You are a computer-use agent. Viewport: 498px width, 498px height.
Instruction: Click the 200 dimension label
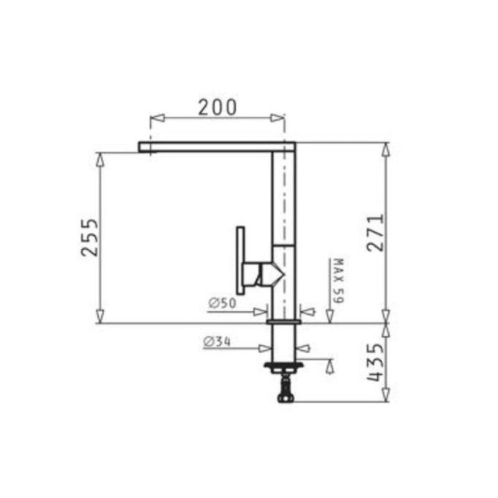coord(217,107)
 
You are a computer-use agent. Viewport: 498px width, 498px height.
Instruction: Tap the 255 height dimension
coord(89,237)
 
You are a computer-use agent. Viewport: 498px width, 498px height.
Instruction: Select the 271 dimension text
coord(374,233)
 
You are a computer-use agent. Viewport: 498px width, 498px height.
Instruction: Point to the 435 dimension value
coord(374,363)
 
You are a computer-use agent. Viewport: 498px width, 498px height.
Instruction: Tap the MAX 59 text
coord(338,281)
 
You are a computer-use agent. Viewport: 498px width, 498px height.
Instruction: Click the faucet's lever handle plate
coord(239,262)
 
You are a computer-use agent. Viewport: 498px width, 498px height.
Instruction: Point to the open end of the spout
coord(141,147)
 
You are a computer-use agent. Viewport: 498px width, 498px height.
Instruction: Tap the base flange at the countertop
coord(283,322)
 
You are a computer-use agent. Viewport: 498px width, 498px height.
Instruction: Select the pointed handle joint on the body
coord(277,275)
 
